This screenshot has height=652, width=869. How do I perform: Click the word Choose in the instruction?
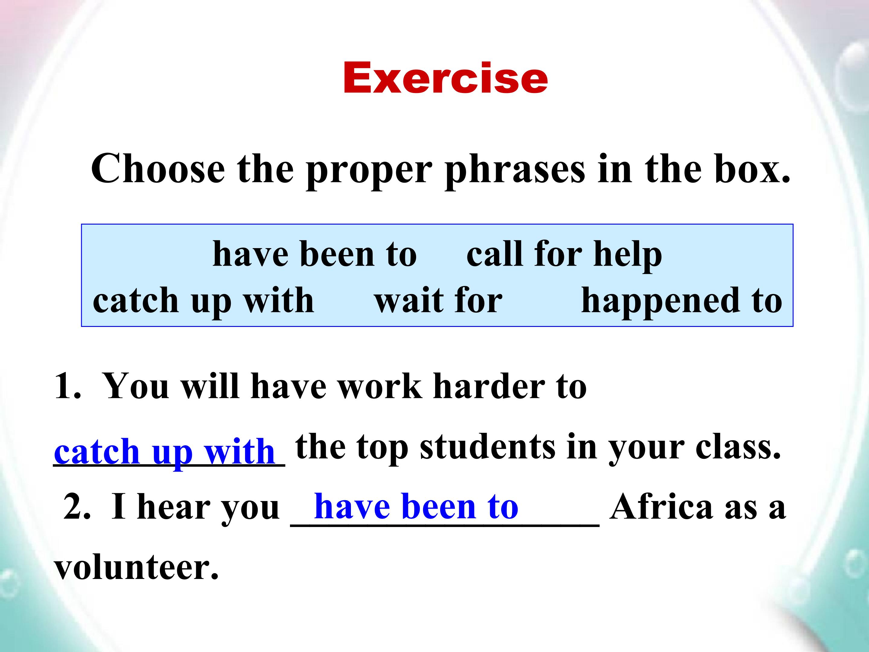tap(158, 169)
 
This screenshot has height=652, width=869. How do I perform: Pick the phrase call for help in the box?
tap(564, 255)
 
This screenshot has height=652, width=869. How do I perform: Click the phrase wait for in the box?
tap(438, 301)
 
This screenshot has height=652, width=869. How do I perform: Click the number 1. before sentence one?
tap(68, 386)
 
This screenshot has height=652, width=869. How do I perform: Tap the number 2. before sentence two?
tap(77, 507)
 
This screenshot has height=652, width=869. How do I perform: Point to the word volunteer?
tap(136, 567)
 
